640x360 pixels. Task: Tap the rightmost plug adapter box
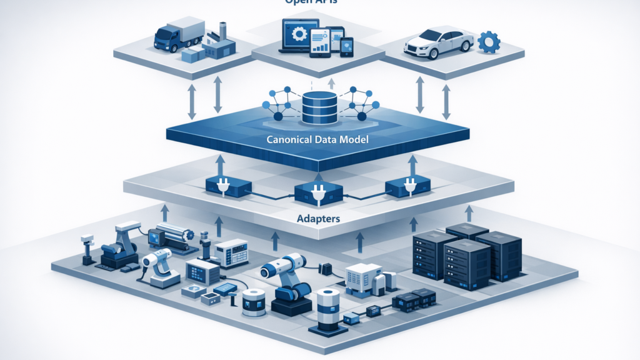pos(408,185)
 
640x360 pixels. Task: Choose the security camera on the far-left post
pos(87,241)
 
